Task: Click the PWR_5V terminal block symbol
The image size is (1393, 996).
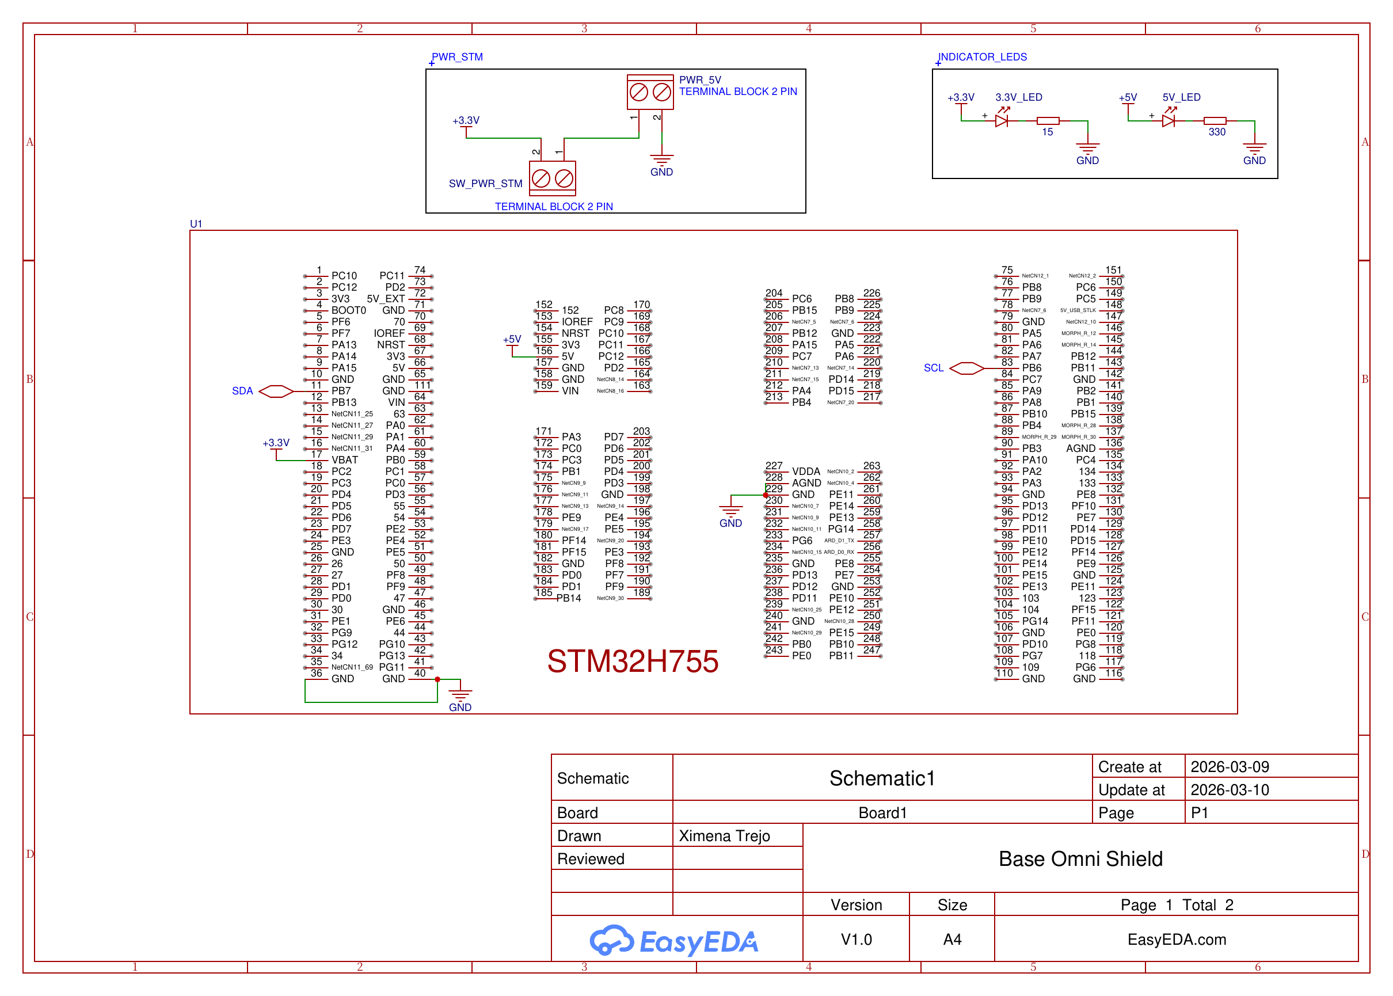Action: tap(650, 93)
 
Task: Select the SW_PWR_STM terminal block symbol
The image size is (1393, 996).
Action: tap(552, 178)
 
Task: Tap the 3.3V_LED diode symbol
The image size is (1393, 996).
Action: tap(1002, 120)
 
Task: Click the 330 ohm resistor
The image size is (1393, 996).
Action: tap(1215, 121)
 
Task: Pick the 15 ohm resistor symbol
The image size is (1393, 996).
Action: tap(1048, 121)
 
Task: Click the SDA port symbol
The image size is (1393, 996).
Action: tap(276, 391)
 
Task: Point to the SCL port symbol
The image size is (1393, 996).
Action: tap(966, 368)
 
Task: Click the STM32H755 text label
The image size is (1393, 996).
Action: tap(632, 661)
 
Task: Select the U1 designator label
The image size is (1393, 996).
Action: tap(196, 224)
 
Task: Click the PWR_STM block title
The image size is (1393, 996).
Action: tap(457, 57)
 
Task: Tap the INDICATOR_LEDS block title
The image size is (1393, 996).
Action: tap(982, 57)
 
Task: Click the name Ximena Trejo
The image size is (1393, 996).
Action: tap(724, 836)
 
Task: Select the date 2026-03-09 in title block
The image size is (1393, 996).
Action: tap(1230, 767)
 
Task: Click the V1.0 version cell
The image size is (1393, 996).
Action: tap(856, 939)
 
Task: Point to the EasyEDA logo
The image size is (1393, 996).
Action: tap(674, 941)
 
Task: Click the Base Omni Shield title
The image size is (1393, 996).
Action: tap(1080, 858)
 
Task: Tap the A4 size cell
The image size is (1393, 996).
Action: tap(951, 939)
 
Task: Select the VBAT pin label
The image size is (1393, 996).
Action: tap(345, 460)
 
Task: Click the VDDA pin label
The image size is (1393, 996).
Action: tap(806, 472)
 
